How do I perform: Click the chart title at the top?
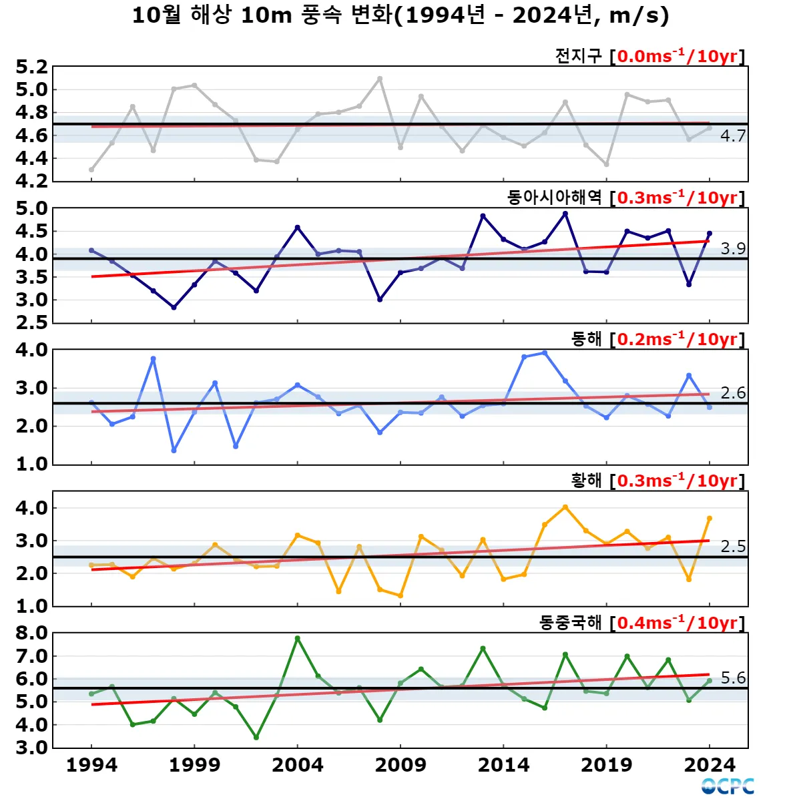tap(400, 15)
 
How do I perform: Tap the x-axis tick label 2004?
tap(298, 765)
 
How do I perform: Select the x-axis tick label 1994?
tap(91, 765)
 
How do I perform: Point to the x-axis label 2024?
tap(710, 765)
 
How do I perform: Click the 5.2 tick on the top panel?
tap(31, 67)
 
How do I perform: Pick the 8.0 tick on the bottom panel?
tap(31, 633)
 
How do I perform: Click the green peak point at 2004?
tap(298, 639)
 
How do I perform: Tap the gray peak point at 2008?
tap(380, 79)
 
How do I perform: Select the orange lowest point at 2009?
tap(400, 595)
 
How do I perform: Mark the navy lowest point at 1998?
tap(174, 308)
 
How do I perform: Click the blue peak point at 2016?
tap(545, 353)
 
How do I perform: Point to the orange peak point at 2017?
tap(565, 507)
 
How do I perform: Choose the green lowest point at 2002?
tap(256, 738)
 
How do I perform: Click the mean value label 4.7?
tap(733, 136)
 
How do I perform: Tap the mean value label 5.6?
tap(733, 678)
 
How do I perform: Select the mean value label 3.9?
tap(733, 249)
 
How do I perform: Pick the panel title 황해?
tap(586, 481)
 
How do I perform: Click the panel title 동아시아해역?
tap(554, 198)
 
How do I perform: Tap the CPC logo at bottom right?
tap(728, 786)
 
